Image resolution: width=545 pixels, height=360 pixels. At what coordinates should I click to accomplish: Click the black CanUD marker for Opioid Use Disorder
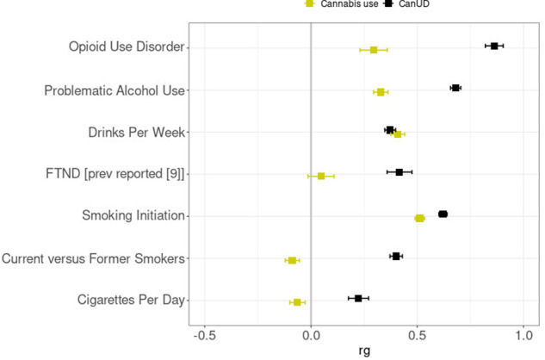(x=494, y=46)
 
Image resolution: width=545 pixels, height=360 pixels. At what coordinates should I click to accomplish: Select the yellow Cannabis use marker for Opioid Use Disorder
(x=374, y=50)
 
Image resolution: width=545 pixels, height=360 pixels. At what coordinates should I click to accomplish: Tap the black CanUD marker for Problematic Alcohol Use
(x=455, y=88)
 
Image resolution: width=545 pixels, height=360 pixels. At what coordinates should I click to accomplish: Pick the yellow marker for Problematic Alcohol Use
(x=381, y=91)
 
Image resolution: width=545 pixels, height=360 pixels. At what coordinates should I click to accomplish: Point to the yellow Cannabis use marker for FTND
(x=321, y=176)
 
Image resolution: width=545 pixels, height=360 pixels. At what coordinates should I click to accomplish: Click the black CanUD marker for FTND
(x=399, y=172)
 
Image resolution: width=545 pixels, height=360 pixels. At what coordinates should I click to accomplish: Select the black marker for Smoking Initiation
(x=443, y=214)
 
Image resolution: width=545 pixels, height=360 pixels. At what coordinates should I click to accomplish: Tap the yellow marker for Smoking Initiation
(x=420, y=218)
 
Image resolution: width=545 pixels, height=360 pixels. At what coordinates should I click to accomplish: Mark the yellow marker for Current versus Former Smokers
(x=292, y=260)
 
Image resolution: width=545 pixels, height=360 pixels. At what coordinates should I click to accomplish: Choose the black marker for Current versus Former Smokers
(x=396, y=256)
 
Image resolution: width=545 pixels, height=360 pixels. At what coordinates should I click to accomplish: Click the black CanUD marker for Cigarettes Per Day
(x=358, y=298)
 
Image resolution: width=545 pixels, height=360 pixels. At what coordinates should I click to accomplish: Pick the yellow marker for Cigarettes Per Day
(x=297, y=302)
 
